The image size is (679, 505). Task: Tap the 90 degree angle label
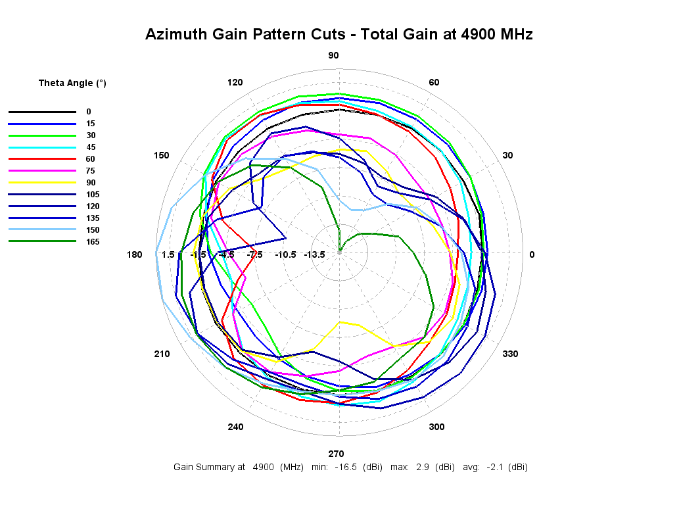click(333, 55)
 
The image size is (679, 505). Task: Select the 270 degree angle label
click(336, 454)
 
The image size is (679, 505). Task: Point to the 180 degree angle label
click(134, 254)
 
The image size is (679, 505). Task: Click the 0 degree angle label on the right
click(532, 254)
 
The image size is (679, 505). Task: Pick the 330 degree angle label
click(510, 354)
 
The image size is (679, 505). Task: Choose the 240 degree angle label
click(235, 427)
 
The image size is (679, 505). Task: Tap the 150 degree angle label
click(162, 155)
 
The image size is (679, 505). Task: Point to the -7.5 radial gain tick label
click(255, 254)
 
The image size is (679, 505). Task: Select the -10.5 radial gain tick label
click(285, 254)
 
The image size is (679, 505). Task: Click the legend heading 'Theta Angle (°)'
click(72, 83)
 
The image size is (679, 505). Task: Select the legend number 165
click(93, 242)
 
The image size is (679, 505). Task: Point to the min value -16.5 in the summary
click(345, 468)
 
